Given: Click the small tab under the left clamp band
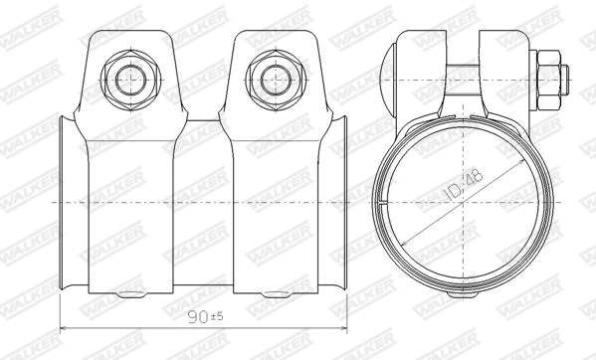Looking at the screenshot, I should tap(129, 295).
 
